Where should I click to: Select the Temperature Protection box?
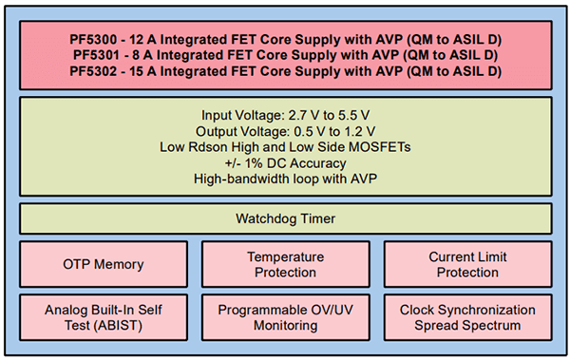point(285,264)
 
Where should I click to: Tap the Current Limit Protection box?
point(467,264)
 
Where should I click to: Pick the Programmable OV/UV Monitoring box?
point(285,317)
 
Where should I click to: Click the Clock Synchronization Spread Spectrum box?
point(467,317)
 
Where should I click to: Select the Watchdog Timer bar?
point(285,219)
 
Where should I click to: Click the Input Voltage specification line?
point(285,114)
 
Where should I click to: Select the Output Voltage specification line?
point(285,130)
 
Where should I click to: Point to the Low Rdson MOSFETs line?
point(285,146)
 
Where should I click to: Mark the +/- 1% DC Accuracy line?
point(285,162)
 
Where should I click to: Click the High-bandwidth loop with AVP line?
point(285,179)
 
